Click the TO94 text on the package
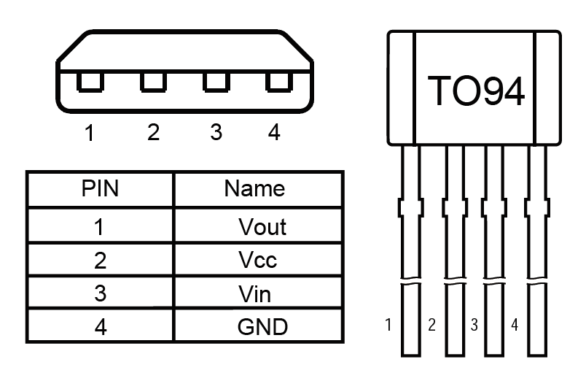[x=476, y=91]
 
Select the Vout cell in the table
[x=258, y=226]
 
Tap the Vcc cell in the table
[x=258, y=259]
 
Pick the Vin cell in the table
[x=258, y=293]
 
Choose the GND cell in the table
[x=258, y=325]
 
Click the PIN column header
[x=100, y=188]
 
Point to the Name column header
[x=258, y=188]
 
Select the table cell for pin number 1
[x=100, y=226]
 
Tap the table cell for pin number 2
[x=100, y=259]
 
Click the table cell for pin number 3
[x=100, y=293]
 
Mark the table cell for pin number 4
[x=100, y=325]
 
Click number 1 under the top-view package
[x=90, y=132]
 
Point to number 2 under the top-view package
[x=153, y=132]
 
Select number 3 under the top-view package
[x=216, y=132]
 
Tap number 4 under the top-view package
[x=274, y=132]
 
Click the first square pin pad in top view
[x=90, y=82]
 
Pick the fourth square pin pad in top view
[x=279, y=82]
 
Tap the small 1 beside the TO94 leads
[x=388, y=325]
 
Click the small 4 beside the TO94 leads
[x=515, y=325]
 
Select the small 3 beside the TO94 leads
[x=474, y=325]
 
